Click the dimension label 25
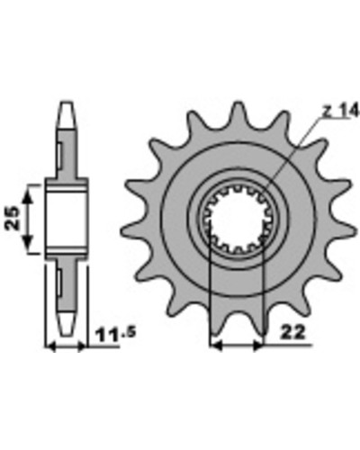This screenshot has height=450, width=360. point(13,218)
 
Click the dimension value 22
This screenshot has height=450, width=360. point(292,332)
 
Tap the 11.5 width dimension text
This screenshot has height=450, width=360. point(115,335)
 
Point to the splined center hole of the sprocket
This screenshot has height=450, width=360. point(237,219)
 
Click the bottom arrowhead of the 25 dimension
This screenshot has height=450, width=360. point(28,242)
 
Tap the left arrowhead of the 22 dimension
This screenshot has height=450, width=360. point(216,346)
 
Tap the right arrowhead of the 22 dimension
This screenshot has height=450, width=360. point(258,346)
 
